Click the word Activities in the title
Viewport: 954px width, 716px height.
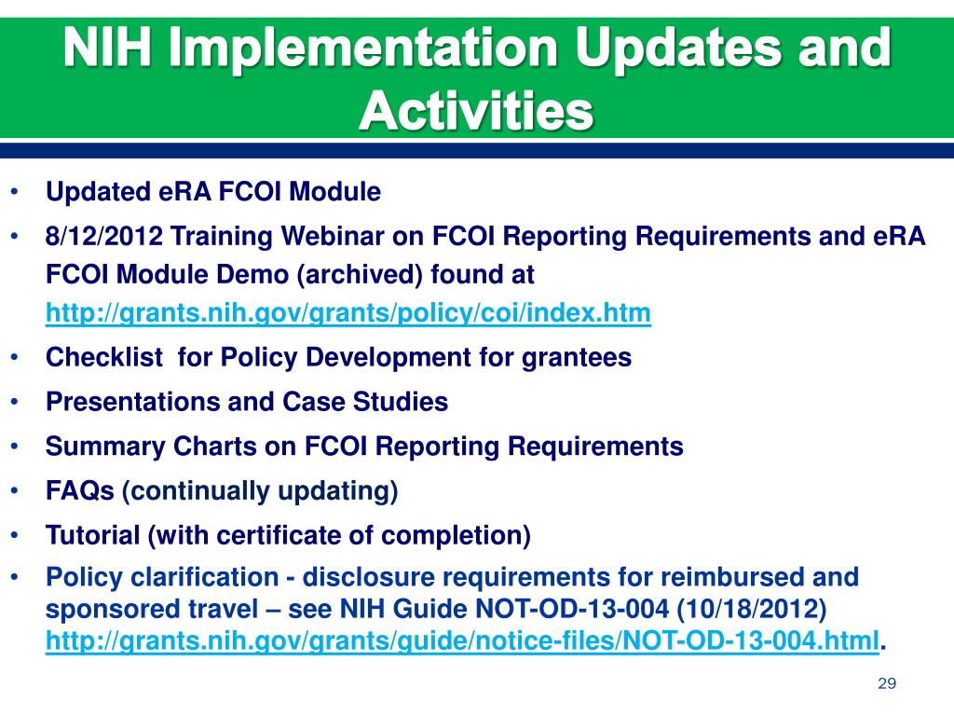pos(476,110)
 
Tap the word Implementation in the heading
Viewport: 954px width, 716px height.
pos(363,49)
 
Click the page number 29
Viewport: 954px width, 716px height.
pos(887,683)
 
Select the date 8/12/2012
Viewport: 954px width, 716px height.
pos(104,236)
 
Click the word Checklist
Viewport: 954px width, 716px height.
pos(104,357)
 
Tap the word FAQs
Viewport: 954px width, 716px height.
pos(80,490)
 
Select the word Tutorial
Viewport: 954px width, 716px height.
pos(93,535)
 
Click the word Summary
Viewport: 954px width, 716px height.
pos(105,447)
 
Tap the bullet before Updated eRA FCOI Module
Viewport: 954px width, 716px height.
pos(15,192)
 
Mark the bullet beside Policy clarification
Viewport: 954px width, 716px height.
pos(15,576)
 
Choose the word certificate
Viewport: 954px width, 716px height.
pos(279,535)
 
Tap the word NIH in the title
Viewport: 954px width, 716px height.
pos(107,49)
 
